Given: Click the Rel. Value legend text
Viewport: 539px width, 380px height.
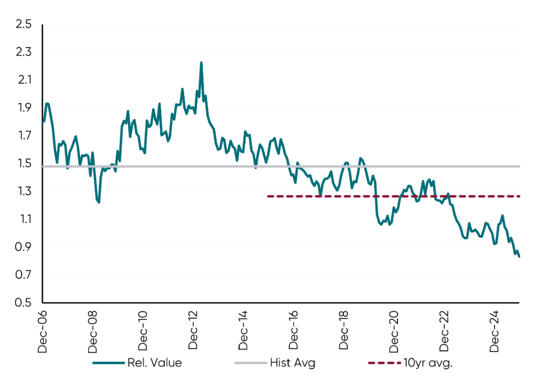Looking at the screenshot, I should tap(154, 363).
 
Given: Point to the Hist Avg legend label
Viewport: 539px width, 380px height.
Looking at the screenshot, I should tap(292, 363).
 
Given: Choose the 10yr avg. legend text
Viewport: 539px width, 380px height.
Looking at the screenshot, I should tap(428, 363).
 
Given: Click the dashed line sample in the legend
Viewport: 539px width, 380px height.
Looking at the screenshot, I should tap(383, 363).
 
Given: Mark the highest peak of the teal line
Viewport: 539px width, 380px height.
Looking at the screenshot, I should tap(201, 63).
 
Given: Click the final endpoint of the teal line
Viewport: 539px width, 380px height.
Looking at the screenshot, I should tap(520, 256).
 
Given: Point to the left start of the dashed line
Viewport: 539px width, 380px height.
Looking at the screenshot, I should tap(268, 196).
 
